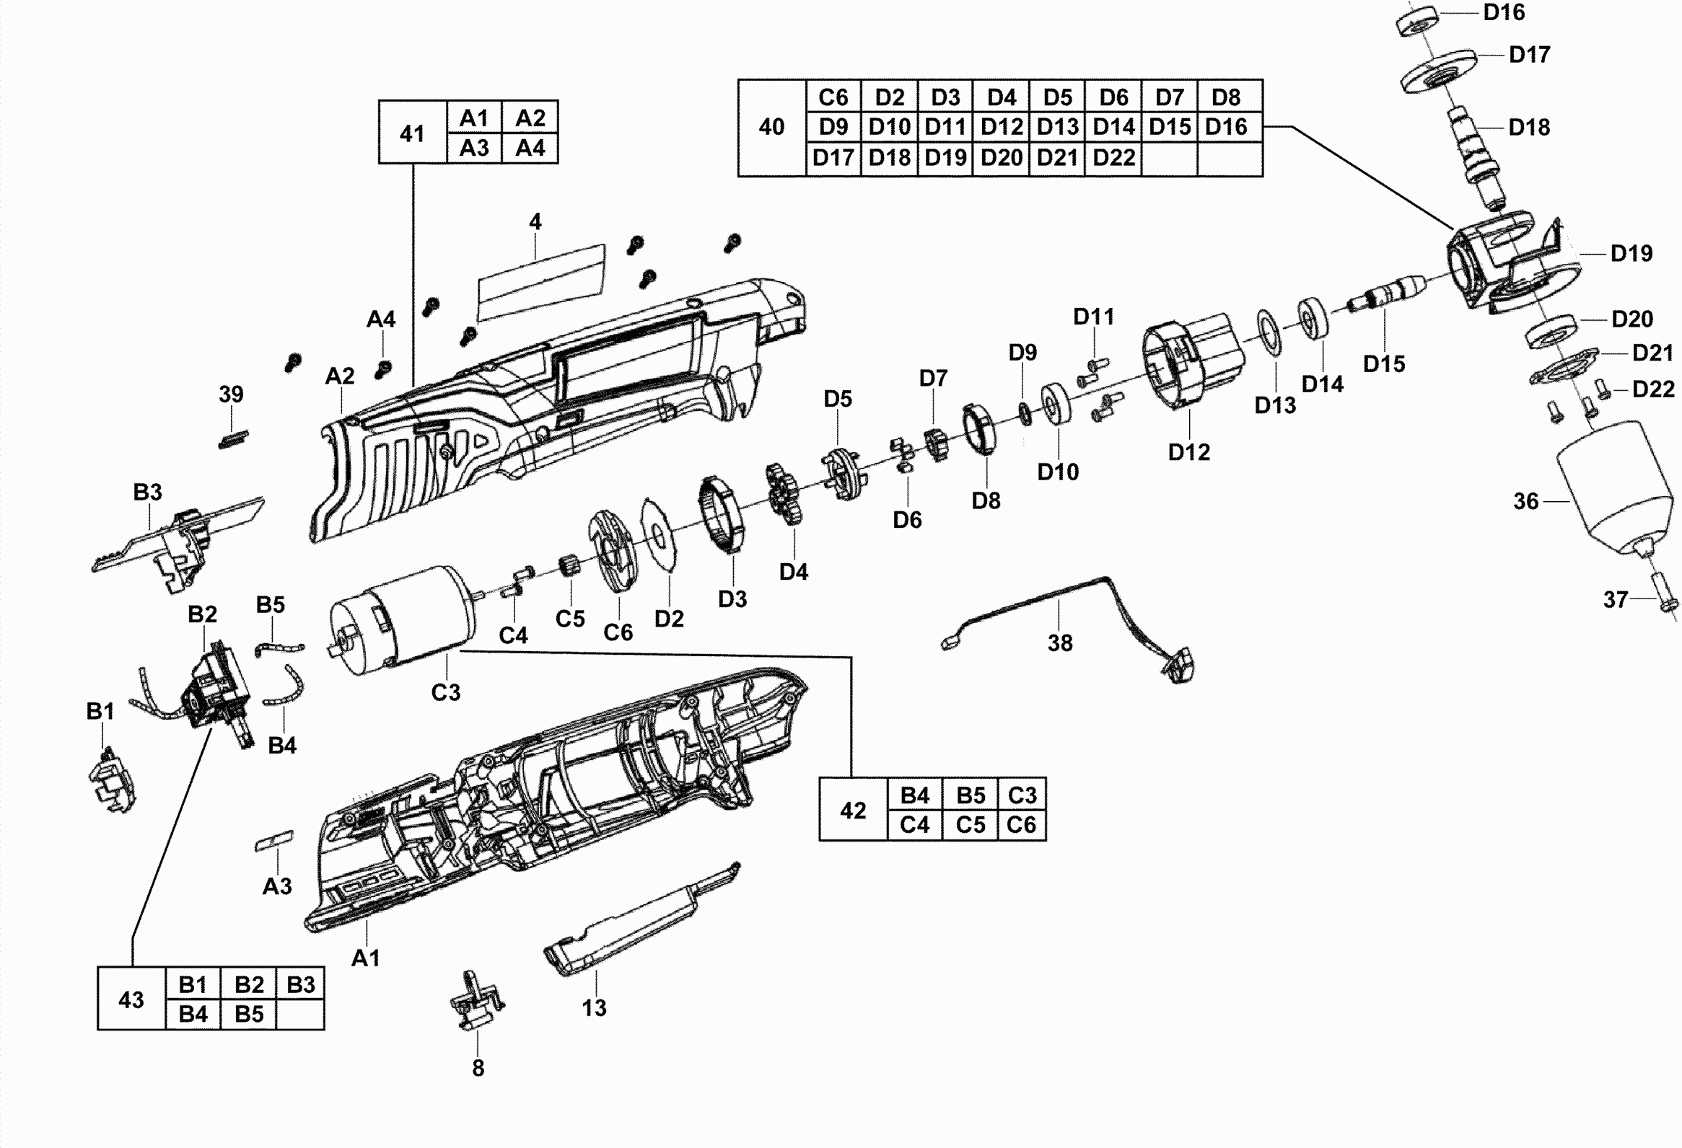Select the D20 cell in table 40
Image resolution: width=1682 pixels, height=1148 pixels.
click(x=1002, y=158)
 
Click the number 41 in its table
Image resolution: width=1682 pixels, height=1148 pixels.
click(x=412, y=134)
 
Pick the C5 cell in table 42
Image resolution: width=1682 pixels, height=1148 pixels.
click(x=971, y=825)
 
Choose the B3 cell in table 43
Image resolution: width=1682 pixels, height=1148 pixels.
click(x=300, y=984)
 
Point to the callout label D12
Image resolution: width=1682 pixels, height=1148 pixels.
click(x=1188, y=452)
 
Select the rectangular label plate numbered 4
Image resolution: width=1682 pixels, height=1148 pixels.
click(x=540, y=282)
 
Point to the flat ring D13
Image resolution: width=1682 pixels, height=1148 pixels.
click(x=1268, y=332)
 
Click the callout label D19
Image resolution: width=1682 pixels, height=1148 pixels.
click(x=1631, y=253)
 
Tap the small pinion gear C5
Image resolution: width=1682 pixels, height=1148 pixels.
click(x=569, y=565)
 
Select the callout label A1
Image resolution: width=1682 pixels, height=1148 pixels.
click(x=366, y=958)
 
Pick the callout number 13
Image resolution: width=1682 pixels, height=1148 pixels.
click(x=594, y=1007)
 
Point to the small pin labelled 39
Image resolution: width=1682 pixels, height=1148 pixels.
click(x=233, y=439)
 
